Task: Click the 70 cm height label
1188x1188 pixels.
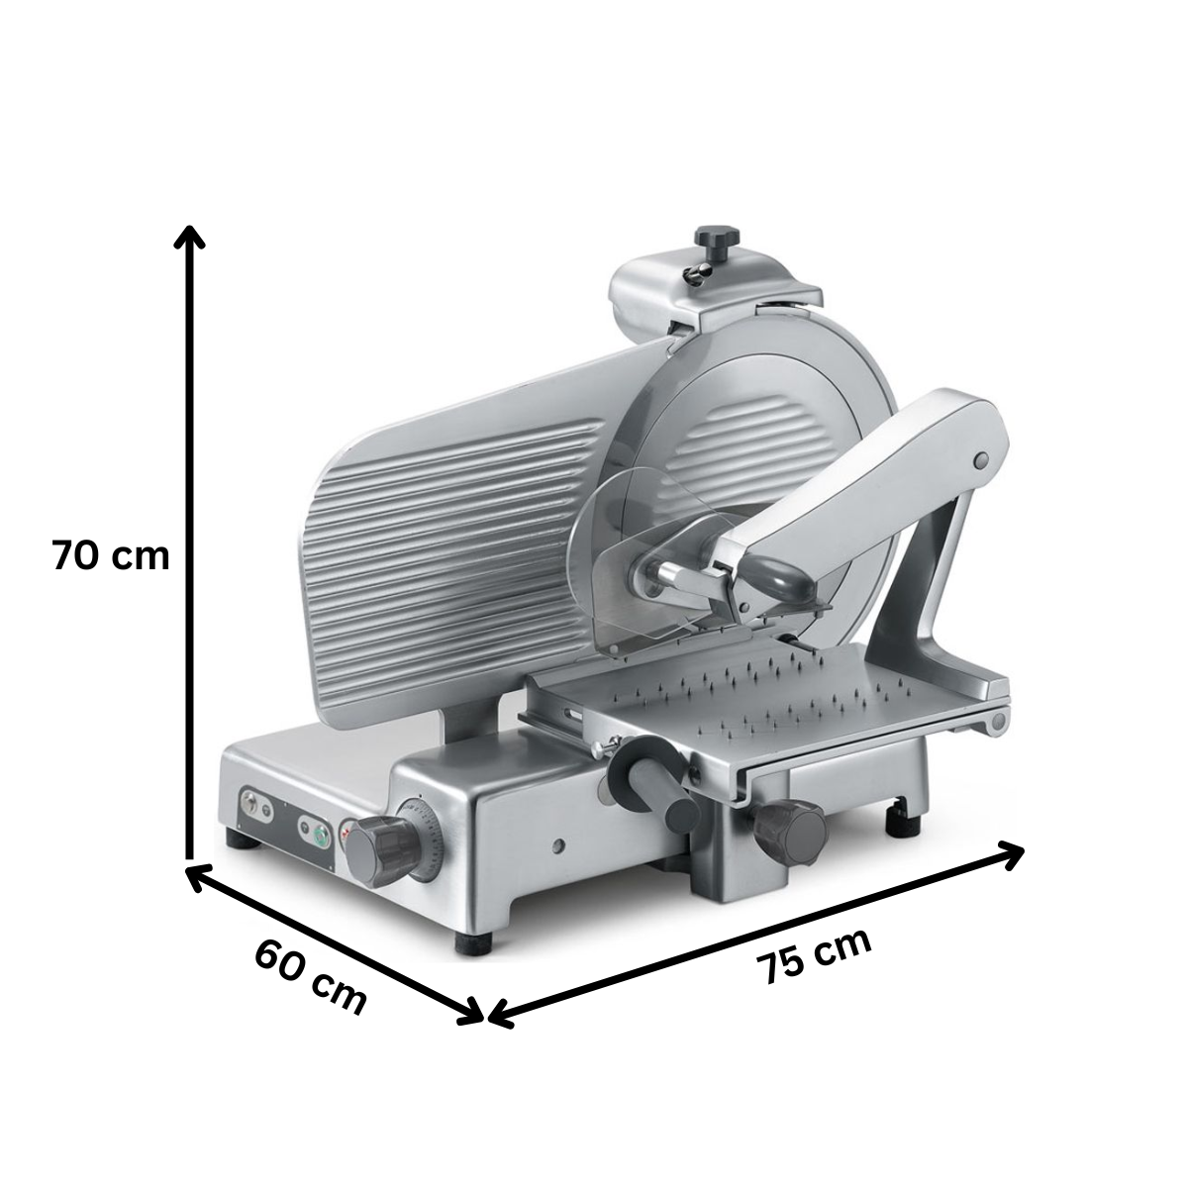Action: pos(111,554)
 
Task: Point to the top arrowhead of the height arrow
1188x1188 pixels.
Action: pos(189,235)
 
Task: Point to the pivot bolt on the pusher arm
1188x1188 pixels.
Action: pos(981,460)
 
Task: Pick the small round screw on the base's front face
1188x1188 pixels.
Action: pos(560,846)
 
